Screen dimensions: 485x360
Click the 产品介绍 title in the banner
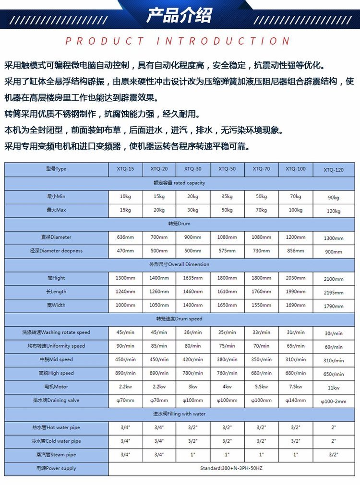point(179,15)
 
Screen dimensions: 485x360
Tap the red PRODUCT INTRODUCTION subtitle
point(178,41)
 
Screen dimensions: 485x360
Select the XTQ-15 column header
point(125,169)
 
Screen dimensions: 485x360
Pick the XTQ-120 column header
point(334,170)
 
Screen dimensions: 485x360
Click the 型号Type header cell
point(56,169)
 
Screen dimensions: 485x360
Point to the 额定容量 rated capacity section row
point(180,183)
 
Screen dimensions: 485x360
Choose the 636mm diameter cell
point(125,237)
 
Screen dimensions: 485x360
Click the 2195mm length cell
point(334,293)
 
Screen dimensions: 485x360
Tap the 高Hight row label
point(56,278)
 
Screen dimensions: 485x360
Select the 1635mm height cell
point(193,278)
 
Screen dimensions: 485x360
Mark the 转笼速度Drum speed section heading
point(180,319)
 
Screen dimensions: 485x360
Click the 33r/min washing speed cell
point(261,332)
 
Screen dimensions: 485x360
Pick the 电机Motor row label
point(56,387)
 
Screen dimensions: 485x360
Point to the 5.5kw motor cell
point(261,387)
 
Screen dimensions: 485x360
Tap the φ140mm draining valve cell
point(295,400)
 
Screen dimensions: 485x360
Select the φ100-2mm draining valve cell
point(334,402)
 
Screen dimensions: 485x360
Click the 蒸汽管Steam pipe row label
point(56,455)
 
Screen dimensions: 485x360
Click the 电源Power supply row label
point(56,468)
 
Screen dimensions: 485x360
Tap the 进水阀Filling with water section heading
point(180,414)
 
